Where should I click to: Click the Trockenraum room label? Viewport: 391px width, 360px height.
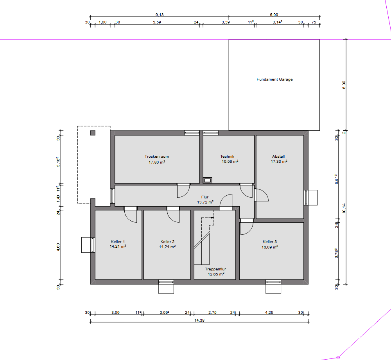point(157,157)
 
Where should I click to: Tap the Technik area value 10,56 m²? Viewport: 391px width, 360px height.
point(230,162)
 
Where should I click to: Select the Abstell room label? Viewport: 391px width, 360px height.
point(278,157)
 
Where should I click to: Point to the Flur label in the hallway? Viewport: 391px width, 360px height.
point(205,197)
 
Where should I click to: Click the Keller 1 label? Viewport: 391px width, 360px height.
point(118,241)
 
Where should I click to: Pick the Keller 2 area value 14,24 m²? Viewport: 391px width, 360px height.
point(167,247)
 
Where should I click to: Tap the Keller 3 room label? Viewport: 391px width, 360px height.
point(269,241)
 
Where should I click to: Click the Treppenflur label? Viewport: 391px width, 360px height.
point(215,269)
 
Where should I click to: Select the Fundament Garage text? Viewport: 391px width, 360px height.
point(274,79)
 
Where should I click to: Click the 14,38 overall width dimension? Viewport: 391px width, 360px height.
point(199,320)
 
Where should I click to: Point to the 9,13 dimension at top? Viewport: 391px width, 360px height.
point(160,15)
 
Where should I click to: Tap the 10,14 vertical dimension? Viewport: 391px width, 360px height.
point(344,208)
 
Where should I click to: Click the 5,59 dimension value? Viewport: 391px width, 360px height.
point(157,22)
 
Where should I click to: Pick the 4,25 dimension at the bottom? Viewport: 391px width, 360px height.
point(269,312)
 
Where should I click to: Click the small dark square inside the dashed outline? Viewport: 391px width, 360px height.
point(93,133)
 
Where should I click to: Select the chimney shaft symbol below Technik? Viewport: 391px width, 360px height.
point(208,180)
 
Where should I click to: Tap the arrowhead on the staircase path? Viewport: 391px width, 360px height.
point(212,218)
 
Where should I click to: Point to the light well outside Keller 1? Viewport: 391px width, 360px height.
point(86,245)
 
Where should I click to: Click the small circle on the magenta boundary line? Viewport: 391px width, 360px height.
point(338,358)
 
